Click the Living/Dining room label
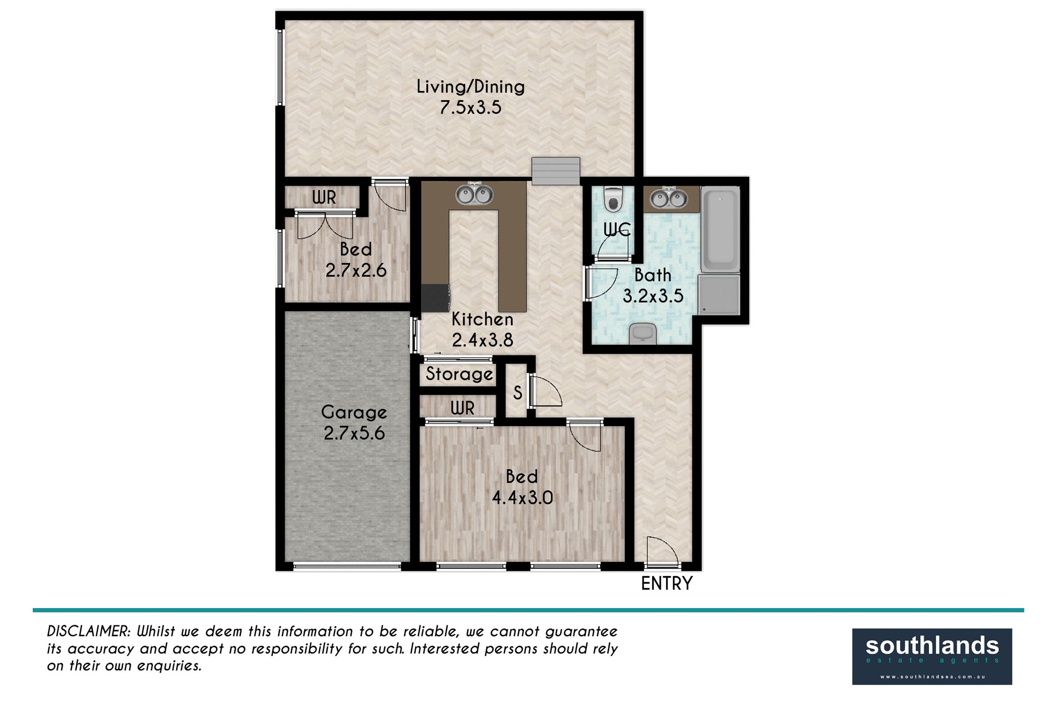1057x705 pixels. click(470, 87)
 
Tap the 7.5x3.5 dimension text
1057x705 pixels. click(470, 108)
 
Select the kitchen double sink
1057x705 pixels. click(474, 194)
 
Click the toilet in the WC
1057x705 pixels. click(612, 199)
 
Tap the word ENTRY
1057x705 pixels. click(666, 583)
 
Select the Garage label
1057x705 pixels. click(354, 413)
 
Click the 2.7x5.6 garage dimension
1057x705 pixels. click(354, 434)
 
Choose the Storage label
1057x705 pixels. click(459, 374)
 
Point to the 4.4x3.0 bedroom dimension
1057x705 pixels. click(522, 498)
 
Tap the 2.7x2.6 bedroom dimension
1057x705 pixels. click(356, 271)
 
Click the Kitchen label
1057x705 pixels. click(482, 319)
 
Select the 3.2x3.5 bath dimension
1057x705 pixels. click(653, 296)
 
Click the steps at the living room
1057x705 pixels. click(556, 171)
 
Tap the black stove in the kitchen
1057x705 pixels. click(436, 298)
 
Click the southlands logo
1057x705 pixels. click(932, 657)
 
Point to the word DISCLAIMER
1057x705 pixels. click(89, 631)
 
